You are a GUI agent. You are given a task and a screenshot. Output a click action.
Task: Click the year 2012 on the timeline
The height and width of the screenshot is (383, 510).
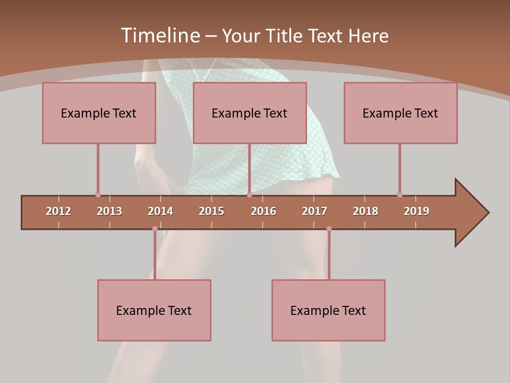58,211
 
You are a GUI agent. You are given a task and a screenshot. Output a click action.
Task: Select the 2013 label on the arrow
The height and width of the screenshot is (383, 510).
109,211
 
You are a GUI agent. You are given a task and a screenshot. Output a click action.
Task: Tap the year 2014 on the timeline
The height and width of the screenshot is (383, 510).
160,211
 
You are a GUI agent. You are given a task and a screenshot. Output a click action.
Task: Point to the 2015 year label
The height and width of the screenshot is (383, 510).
211,211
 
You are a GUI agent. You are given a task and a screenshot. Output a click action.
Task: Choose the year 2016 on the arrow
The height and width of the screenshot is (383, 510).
263,211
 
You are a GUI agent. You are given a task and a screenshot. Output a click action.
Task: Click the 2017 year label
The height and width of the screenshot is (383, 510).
314,211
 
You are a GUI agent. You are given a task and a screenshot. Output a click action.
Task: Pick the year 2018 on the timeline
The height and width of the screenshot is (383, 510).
365,211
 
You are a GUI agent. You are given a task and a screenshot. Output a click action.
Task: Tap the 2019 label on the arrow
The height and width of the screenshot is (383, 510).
416,211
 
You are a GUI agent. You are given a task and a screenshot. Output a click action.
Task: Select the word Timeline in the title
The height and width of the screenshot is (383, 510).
160,35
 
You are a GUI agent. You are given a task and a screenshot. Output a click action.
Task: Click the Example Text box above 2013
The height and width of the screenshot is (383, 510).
99,113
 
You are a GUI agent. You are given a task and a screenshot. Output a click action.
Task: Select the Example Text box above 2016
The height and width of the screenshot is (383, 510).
250,113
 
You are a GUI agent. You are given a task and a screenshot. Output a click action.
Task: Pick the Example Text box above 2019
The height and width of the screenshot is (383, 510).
401,113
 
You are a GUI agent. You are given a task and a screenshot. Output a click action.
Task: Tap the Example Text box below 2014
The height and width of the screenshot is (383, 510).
154,310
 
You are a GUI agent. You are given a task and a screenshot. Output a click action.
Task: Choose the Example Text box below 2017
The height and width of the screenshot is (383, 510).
328,310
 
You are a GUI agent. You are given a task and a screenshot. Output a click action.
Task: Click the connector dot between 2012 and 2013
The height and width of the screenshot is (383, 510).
98,195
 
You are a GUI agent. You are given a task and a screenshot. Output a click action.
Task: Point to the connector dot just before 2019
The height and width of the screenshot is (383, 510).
399,195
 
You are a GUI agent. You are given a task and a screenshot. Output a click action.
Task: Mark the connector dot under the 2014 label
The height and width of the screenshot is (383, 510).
155,229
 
